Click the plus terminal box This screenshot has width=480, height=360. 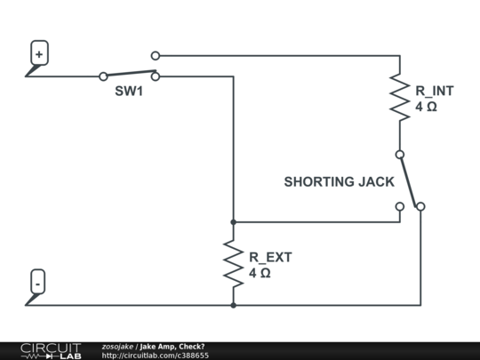pyautogui.click(x=38, y=53)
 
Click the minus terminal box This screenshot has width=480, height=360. pyautogui.click(x=38, y=283)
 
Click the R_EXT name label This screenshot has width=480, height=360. pyautogui.click(x=270, y=257)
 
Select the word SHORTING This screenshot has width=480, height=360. pyautogui.click(x=318, y=182)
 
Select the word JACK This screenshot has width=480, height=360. pyautogui.click(x=376, y=182)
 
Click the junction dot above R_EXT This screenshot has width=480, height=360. pyautogui.click(x=233, y=222)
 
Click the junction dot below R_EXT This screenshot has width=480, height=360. pyautogui.click(x=233, y=305)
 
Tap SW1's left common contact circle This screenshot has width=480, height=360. pyautogui.click(x=104, y=76)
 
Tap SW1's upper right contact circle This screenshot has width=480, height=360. pyautogui.click(x=156, y=56)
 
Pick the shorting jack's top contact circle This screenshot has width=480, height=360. pyautogui.click(x=399, y=155)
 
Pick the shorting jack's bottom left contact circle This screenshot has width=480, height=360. pyautogui.click(x=399, y=206)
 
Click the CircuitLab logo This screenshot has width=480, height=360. pyautogui.click(x=51, y=350)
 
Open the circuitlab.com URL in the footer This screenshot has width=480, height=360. pyautogui.click(x=156, y=356)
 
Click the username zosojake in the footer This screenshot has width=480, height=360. pyautogui.click(x=117, y=346)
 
